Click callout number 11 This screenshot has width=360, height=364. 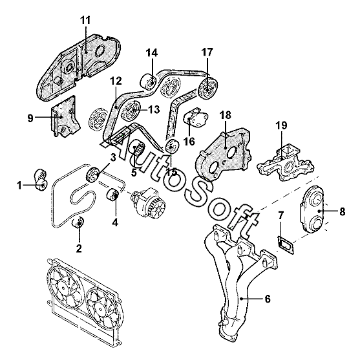(85, 20)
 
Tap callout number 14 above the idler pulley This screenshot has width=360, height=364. (152, 53)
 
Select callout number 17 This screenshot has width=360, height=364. (207, 52)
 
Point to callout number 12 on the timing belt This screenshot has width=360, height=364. (116, 81)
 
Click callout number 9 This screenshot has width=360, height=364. (30, 118)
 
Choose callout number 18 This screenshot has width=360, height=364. (226, 115)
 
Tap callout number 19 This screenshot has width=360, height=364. (281, 125)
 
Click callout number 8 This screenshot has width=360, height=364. (342, 211)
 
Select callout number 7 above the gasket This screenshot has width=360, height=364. (281, 216)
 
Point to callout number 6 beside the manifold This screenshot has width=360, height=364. (268, 299)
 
